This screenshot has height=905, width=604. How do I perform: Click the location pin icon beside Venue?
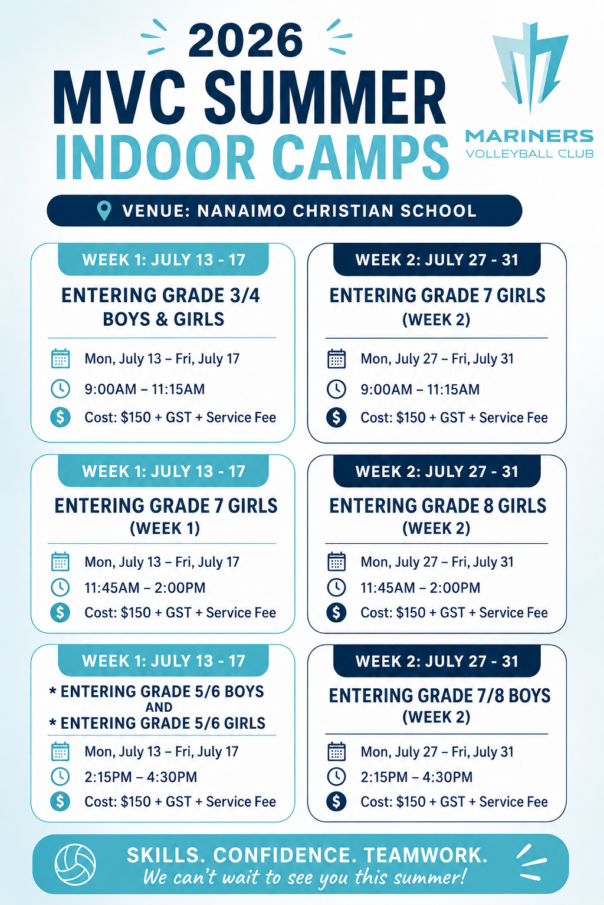click(104, 211)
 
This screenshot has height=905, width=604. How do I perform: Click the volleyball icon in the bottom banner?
click(75, 864)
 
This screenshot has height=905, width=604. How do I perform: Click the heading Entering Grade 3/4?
click(160, 295)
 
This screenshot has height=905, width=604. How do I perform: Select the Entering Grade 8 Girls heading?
click(438, 506)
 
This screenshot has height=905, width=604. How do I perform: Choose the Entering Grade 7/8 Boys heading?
click(439, 696)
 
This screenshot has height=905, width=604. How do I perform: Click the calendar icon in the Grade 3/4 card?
click(61, 358)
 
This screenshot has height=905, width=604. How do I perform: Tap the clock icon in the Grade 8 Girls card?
click(336, 587)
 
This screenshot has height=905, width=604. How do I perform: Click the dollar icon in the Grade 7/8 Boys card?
click(336, 801)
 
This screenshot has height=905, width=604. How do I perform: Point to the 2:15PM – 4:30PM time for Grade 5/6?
click(141, 777)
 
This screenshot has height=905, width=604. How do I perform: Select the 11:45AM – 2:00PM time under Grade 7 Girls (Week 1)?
click(145, 587)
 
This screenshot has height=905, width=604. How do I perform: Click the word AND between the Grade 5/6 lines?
click(159, 707)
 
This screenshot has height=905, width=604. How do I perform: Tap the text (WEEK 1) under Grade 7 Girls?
click(165, 529)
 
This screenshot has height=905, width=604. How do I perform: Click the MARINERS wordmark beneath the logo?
click(530, 136)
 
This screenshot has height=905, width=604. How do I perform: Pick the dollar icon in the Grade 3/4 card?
click(60, 417)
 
